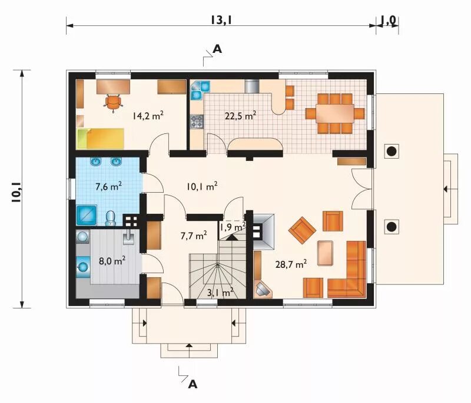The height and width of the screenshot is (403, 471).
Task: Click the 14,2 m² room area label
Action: point(148,115)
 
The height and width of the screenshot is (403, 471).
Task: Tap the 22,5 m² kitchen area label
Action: point(240,115)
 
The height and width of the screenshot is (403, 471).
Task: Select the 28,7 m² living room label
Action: point(291,264)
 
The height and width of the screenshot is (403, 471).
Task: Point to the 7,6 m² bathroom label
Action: point(108,186)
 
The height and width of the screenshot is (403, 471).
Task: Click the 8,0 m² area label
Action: point(112,261)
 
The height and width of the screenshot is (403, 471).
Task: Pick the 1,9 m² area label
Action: point(233,227)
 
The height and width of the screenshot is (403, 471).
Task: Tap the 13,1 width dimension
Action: point(222,20)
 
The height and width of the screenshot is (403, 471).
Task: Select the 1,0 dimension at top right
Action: point(389,20)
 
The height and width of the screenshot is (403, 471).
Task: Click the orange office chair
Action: point(112,103)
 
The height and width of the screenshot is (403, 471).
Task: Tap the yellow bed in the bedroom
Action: point(100,139)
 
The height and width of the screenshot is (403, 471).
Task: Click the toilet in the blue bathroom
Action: point(111,218)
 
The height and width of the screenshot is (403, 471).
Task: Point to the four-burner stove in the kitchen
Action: point(197,122)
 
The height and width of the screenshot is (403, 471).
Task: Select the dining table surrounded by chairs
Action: point(334,113)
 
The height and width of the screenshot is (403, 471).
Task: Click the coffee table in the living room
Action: point(325,253)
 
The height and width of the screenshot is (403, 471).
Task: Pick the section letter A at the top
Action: point(217,49)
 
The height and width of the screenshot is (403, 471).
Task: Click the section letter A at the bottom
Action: point(193,384)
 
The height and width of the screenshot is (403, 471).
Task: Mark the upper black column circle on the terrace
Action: point(391,152)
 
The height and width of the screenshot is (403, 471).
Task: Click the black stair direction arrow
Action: point(231,237)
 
